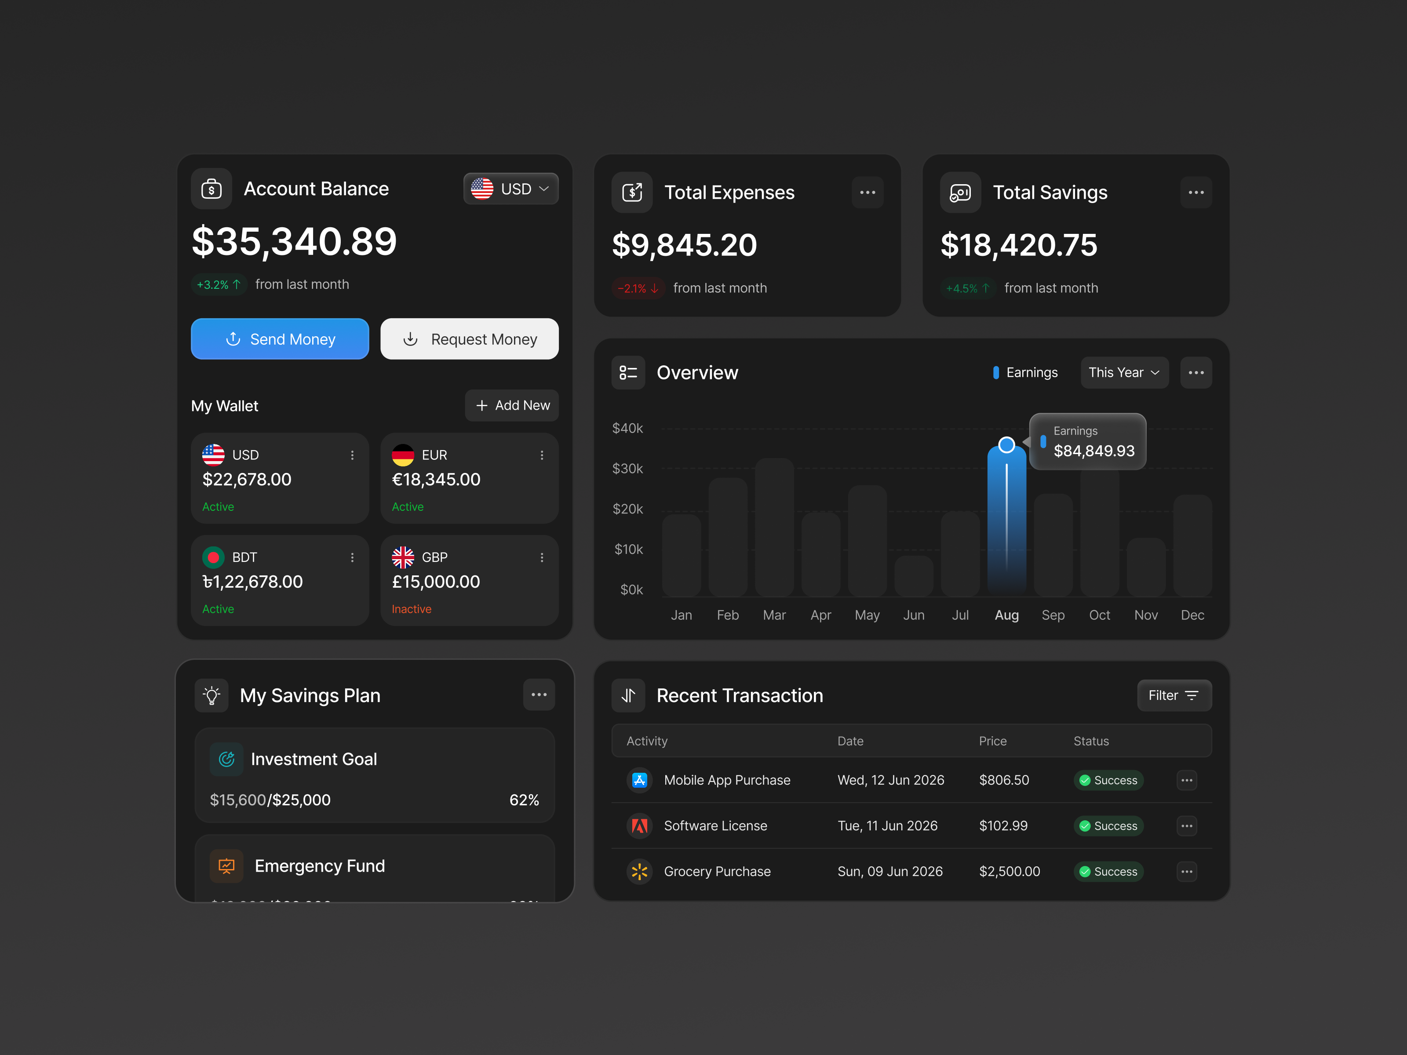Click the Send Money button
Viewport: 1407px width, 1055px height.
pyautogui.click(x=280, y=339)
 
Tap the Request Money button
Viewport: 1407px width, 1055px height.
pyautogui.click(x=470, y=339)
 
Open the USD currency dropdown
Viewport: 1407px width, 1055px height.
pyautogui.click(x=511, y=189)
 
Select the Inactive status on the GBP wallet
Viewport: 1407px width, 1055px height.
pyautogui.click(x=412, y=609)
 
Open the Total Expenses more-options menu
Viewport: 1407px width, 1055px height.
pyautogui.click(x=868, y=193)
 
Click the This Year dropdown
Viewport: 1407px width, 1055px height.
pyautogui.click(x=1124, y=373)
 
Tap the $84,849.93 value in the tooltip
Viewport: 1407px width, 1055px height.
pyautogui.click(x=1094, y=451)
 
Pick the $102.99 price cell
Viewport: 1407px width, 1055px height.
pyautogui.click(x=1003, y=826)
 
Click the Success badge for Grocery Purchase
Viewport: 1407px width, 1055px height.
pyautogui.click(x=1109, y=872)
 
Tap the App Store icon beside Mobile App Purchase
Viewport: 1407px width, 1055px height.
pyautogui.click(x=639, y=780)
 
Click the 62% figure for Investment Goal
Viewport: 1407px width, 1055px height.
pyautogui.click(x=524, y=800)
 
